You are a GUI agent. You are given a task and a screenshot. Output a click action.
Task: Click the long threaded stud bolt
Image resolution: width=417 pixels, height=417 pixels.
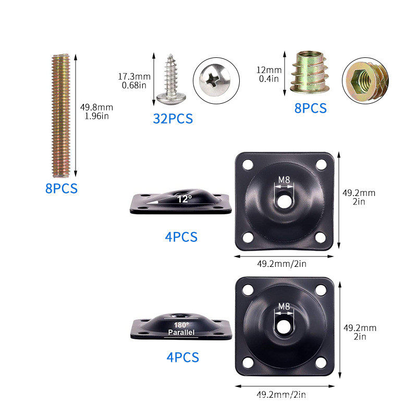click(61, 115)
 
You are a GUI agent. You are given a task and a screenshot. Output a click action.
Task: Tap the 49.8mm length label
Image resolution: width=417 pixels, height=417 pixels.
click(97, 107)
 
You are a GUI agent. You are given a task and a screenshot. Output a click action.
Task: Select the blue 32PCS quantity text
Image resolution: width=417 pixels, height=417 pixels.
click(173, 119)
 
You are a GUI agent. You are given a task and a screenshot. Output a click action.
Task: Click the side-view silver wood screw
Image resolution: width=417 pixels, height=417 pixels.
click(171, 79)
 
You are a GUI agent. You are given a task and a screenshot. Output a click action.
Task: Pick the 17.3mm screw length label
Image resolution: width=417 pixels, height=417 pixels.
click(134, 77)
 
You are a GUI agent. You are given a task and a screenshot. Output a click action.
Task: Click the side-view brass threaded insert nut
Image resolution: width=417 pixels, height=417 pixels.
click(309, 72)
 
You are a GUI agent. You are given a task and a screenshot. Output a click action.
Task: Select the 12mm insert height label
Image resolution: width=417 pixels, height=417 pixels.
click(269, 70)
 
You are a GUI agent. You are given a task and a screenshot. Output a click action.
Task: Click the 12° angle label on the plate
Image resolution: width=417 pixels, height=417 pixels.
click(185, 199)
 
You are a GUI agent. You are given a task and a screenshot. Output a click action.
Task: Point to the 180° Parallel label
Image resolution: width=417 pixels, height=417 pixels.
click(181, 329)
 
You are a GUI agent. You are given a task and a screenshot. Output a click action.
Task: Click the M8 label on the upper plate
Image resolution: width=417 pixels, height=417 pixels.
click(284, 180)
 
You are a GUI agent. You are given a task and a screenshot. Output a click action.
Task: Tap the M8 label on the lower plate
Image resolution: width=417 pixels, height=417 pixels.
click(284, 306)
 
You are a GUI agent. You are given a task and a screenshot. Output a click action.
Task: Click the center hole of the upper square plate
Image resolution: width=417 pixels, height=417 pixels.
click(284, 201)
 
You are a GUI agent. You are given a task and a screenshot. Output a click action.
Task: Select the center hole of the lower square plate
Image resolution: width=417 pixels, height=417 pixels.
click(284, 327)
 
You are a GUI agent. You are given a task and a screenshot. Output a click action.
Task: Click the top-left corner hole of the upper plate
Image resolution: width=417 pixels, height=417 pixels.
click(248, 165)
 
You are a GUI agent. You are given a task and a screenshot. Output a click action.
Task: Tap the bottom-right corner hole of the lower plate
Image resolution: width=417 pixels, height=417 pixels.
click(321, 363)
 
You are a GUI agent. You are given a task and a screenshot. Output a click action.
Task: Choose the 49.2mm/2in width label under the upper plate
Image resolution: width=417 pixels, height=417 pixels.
click(281, 264)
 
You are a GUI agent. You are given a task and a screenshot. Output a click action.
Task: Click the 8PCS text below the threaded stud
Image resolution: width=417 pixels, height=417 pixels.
click(62, 189)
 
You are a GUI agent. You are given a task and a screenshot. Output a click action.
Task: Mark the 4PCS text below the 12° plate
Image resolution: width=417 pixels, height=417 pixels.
click(181, 237)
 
